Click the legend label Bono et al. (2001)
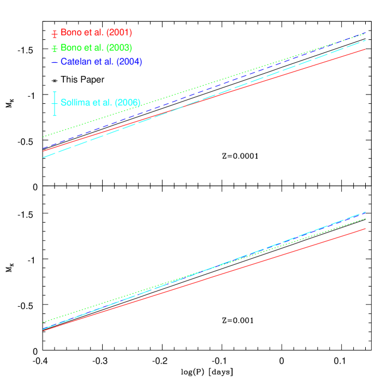96,33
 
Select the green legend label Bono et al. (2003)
96,47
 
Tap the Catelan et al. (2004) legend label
101,62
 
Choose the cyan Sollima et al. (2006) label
100,102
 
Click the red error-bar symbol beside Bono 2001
55,33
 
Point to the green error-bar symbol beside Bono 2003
55,48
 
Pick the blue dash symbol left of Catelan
55,62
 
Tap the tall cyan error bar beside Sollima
55,103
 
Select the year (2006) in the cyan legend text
128,102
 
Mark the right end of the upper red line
364,49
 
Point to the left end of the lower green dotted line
43,322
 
